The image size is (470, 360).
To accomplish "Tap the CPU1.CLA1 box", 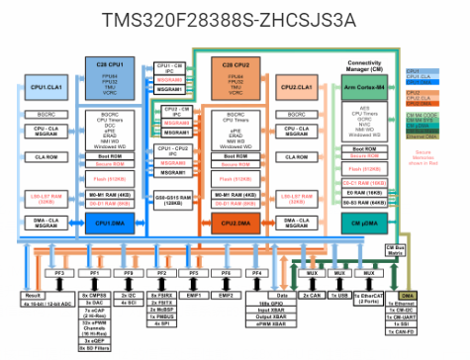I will coord(46,87).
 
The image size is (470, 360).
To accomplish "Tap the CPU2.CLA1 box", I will coord(295,87).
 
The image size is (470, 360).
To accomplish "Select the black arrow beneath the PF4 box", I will coord(257,283).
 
